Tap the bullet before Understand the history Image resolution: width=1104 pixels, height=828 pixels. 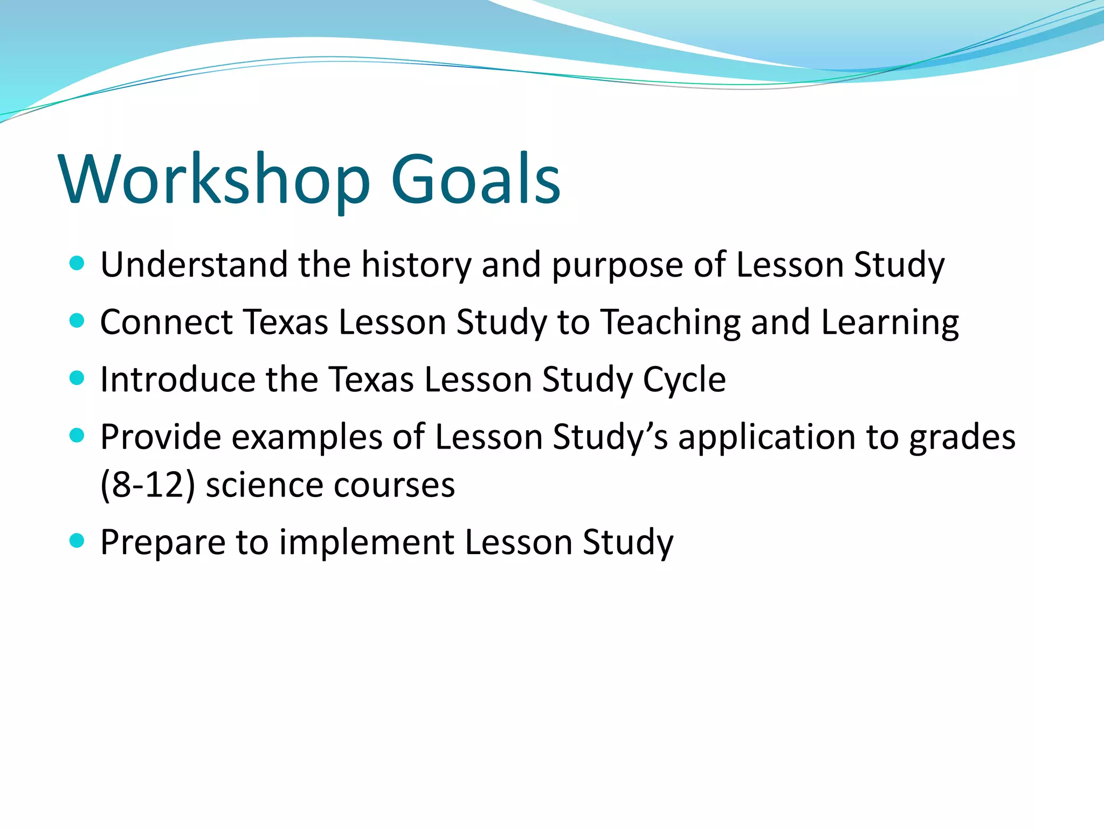click(x=77, y=264)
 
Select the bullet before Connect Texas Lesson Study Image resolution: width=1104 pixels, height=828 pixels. click(x=77, y=321)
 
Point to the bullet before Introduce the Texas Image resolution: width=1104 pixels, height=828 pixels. click(x=77, y=378)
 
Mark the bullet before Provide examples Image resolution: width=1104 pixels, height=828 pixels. click(x=77, y=436)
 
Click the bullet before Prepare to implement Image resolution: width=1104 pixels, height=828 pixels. click(x=77, y=541)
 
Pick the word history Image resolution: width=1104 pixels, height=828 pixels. click(x=416, y=266)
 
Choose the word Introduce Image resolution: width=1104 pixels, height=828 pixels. click(x=177, y=379)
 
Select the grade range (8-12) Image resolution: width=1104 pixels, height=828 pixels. click(x=148, y=485)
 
